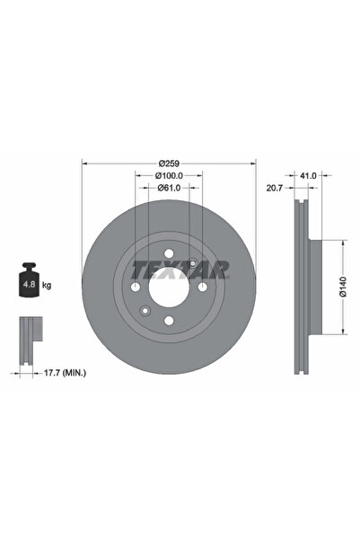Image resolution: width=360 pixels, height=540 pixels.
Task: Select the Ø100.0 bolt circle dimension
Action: click(x=169, y=175)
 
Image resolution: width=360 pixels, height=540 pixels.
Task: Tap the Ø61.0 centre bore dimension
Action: click(x=170, y=188)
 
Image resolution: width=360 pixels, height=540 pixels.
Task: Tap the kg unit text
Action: click(x=47, y=285)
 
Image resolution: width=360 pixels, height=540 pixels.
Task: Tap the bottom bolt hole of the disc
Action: click(x=169, y=321)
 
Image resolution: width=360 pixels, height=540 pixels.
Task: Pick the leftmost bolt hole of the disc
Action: click(x=136, y=288)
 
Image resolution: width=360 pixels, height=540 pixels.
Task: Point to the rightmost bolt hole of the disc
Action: click(x=202, y=288)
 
